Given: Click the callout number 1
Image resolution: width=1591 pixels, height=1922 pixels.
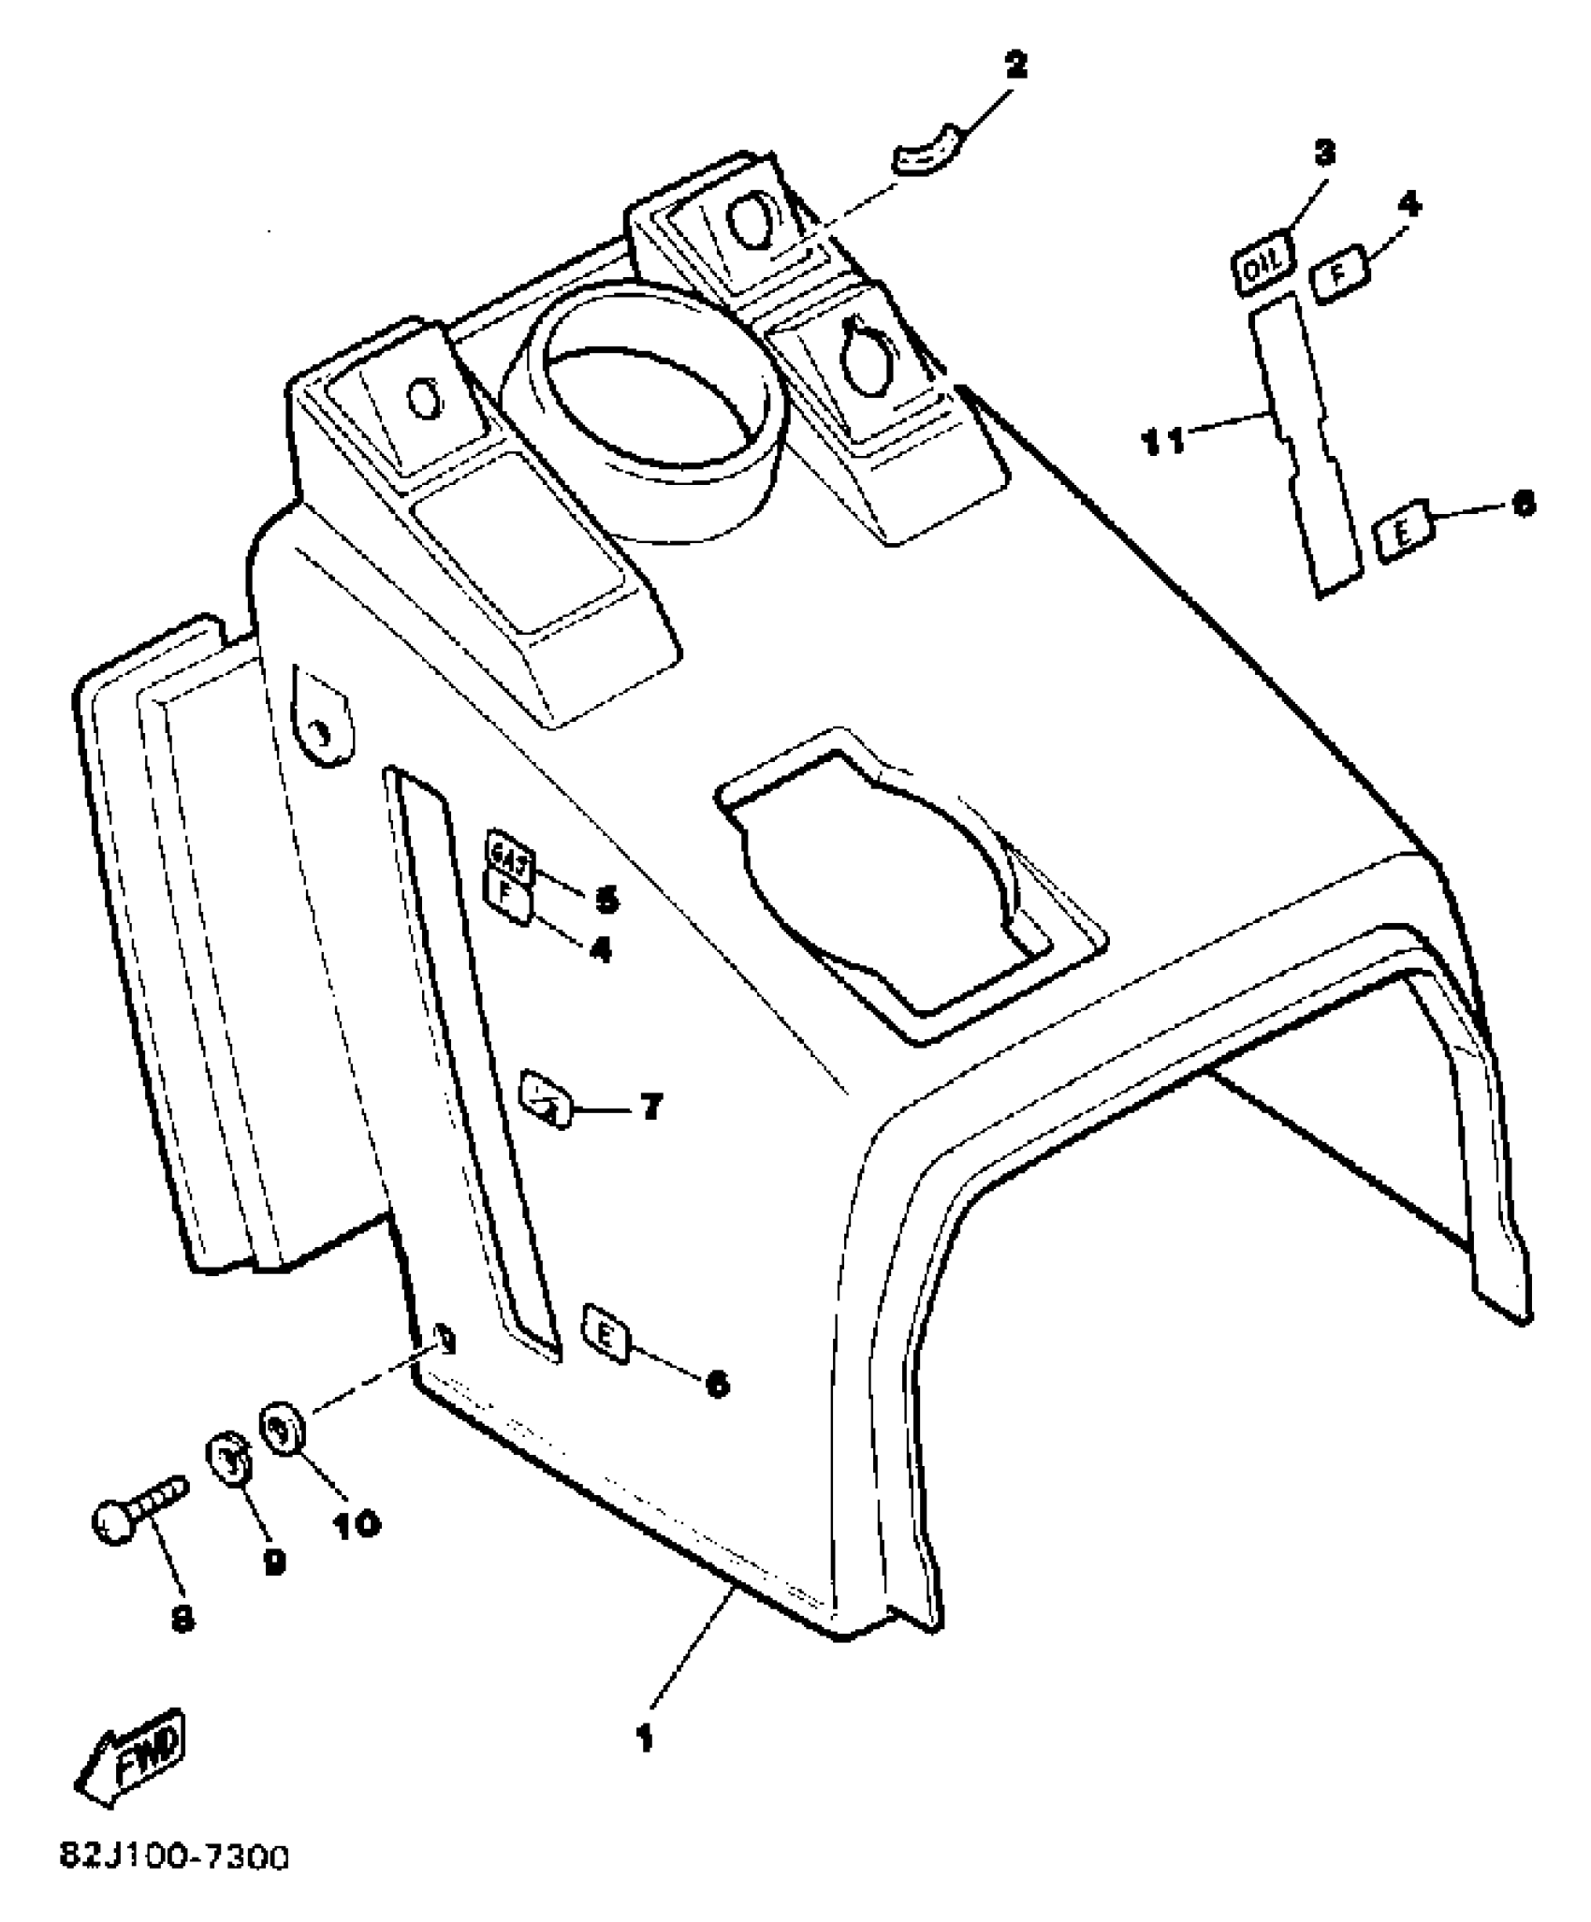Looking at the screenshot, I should click(644, 1739).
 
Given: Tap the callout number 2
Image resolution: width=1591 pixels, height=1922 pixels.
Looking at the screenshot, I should click(1014, 66).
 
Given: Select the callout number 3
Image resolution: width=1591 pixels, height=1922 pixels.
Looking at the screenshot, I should click(1324, 154).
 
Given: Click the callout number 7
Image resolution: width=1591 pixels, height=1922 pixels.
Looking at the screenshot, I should click(651, 1106).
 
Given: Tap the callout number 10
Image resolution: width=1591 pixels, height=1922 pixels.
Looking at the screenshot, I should click(358, 1523).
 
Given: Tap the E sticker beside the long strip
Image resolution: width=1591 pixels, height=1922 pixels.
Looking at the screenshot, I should click(1404, 535).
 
